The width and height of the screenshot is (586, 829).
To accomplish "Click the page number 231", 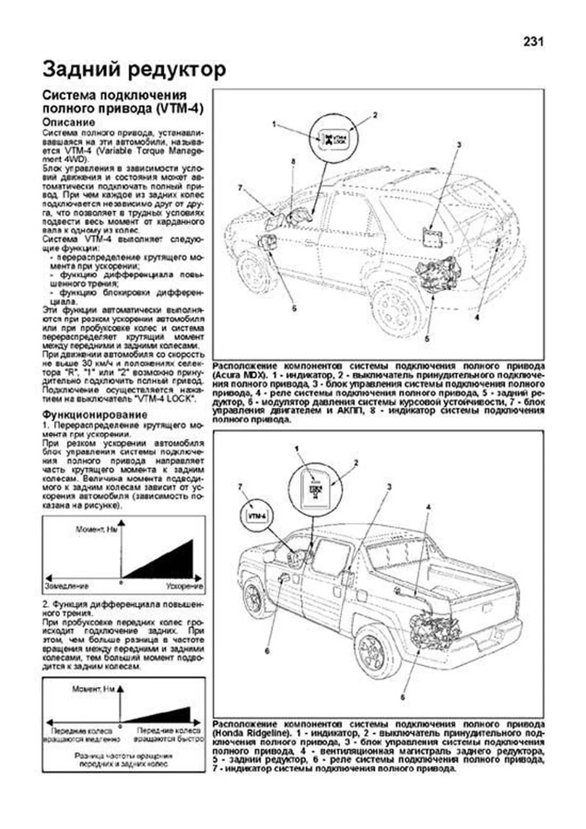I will pos(533,42).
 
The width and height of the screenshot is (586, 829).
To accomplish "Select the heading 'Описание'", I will pos(68,122).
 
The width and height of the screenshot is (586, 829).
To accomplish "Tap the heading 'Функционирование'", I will pos(95,414).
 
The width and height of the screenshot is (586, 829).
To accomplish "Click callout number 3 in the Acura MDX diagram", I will pos(459,145).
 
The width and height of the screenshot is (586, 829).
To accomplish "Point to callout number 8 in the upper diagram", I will pos(293,161).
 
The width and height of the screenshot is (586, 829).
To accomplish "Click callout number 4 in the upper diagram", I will pos(477,317).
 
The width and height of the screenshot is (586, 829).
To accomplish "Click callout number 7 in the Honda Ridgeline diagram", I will pos(240,486).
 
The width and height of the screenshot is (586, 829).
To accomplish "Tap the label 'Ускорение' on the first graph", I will pos(184,585).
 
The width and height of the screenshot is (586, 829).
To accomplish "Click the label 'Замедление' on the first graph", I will pos(67,585).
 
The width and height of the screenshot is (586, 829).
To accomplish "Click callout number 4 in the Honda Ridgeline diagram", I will pos(428,507).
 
